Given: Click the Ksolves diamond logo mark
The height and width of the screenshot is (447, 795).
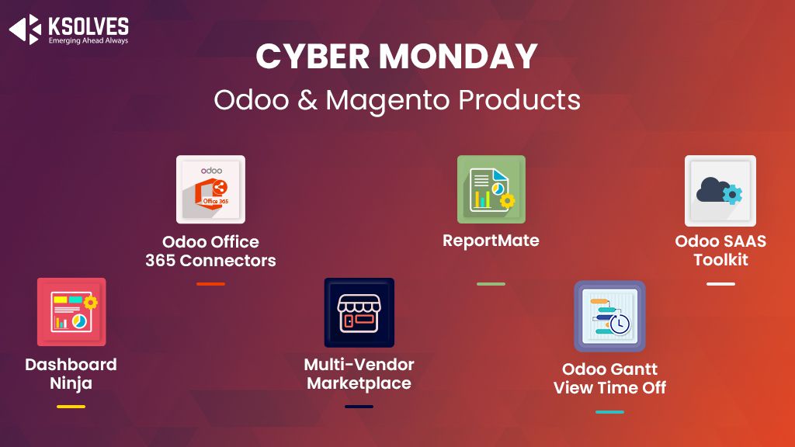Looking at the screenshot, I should (24, 29).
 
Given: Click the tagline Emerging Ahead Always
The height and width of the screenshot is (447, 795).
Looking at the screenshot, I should (89, 41).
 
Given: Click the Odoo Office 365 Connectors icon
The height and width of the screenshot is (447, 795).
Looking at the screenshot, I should (210, 189).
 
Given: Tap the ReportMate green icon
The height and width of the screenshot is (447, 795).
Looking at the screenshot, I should (491, 189).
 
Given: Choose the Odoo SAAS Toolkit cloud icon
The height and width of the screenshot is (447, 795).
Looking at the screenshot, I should (720, 190).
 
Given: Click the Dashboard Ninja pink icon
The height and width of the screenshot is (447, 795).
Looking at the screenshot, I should (71, 311).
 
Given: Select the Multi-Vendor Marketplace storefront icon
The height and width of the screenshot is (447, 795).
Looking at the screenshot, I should (359, 312).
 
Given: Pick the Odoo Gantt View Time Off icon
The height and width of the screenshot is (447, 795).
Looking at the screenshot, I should (609, 316).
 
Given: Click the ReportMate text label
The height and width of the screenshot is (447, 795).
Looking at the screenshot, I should (491, 241).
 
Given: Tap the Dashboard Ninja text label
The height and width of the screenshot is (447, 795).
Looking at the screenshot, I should (71, 373).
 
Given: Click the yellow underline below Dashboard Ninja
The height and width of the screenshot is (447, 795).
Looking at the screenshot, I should (71, 406).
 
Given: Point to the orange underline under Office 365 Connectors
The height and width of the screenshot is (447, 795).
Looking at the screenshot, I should (210, 283).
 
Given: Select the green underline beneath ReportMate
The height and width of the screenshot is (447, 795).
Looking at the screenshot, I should (491, 283).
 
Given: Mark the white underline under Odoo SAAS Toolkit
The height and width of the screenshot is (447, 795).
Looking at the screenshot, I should (720, 283).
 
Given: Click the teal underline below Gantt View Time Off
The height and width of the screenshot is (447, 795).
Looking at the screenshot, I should (609, 411).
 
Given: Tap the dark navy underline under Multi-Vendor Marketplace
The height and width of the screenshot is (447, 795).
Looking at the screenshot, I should (359, 406).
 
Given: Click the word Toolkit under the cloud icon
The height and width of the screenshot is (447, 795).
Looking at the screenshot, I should (720, 260).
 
